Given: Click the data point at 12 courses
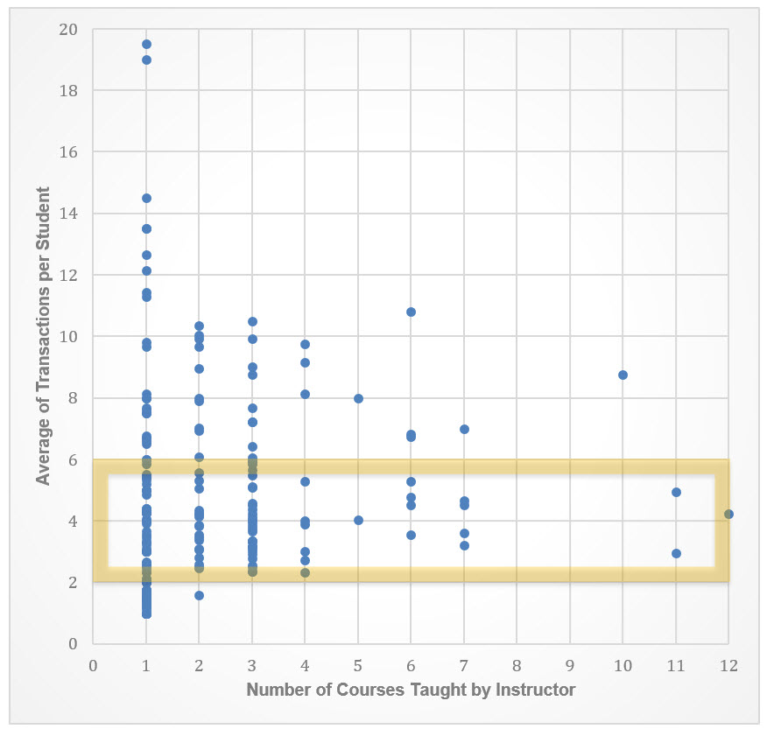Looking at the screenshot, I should [728, 514].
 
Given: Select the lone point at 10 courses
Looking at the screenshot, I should [623, 375].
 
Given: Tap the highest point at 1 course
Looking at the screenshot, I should [146, 44].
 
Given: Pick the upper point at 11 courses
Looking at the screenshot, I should [676, 492].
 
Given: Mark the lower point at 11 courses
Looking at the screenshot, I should [676, 553].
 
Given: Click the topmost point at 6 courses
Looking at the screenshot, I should [411, 312].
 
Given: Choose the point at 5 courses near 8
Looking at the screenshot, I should [358, 398].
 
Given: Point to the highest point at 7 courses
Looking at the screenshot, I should [464, 429].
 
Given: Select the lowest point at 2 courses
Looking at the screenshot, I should [199, 595].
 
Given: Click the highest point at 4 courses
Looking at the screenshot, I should [305, 344].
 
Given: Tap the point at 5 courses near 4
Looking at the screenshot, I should [358, 520].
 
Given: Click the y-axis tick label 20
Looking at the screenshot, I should [68, 30].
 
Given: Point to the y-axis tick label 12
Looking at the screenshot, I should [68, 275].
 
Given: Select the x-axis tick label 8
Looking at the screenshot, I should [517, 666].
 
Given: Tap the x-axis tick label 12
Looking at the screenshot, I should [728, 666].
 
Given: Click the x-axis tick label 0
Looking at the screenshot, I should [93, 666].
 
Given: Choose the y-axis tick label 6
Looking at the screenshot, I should [73, 459].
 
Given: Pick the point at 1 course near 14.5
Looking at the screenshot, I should [146, 198].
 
